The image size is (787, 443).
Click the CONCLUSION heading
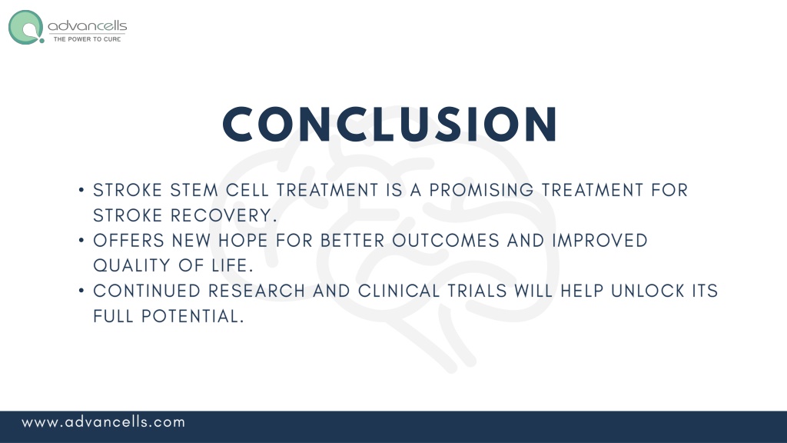pyautogui.click(x=390, y=124)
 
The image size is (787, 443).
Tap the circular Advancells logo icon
pyautogui.click(x=26, y=27)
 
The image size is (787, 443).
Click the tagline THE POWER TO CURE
pyautogui.click(x=87, y=39)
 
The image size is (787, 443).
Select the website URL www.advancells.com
pyautogui.click(x=104, y=422)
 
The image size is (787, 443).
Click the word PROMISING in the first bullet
pyautogui.click(x=481, y=191)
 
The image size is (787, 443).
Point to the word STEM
pyautogui.click(x=194, y=191)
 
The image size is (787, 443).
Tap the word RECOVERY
pyautogui.click(x=224, y=215)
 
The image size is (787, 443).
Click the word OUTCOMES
pyautogui.click(x=446, y=241)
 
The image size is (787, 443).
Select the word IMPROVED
pyautogui.click(x=599, y=241)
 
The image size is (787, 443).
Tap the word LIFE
pyautogui.click(x=232, y=265)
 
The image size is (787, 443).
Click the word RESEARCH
pyautogui.click(x=257, y=291)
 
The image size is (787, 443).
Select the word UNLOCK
pyautogui.click(x=647, y=291)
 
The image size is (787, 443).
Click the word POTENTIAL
pyautogui.click(x=193, y=316)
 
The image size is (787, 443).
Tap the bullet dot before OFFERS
pyautogui.click(x=81, y=241)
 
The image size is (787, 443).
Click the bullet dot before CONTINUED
pyautogui.click(x=81, y=291)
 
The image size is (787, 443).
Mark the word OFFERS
pyautogui.click(x=129, y=241)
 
